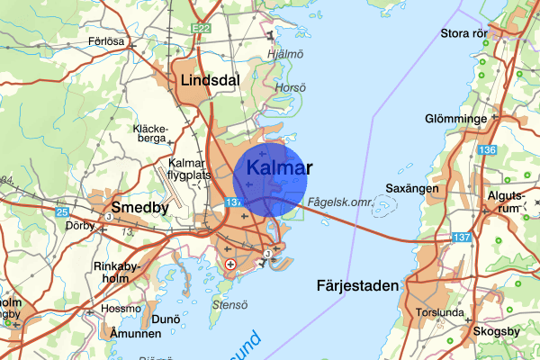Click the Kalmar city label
[278, 168]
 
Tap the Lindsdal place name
[210, 80]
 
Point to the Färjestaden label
[357, 286]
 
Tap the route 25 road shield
[61, 212]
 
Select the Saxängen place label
[411, 189]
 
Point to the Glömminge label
[457, 119]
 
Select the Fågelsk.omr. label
[339, 202]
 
